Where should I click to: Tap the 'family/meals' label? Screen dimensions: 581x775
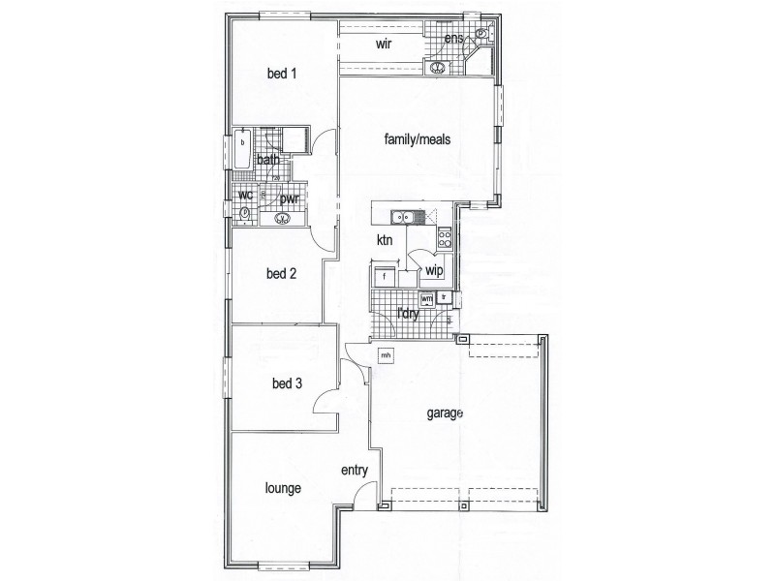pyautogui.click(x=418, y=139)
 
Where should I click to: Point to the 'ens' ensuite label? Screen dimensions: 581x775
pyautogui.click(x=453, y=39)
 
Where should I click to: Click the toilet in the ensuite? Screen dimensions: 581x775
pyautogui.click(x=480, y=37)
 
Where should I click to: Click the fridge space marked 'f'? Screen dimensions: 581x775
pyautogui.click(x=385, y=277)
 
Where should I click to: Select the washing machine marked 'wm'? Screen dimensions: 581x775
pyautogui.click(x=426, y=299)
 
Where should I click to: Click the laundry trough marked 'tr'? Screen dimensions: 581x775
pyautogui.click(x=444, y=296)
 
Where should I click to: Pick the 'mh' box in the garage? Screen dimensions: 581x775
pyautogui.click(x=386, y=355)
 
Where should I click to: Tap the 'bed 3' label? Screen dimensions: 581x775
pyautogui.click(x=287, y=383)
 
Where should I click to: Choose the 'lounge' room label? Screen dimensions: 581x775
pyautogui.click(x=281, y=489)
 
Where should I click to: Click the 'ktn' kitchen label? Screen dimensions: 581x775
pyautogui.click(x=385, y=240)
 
